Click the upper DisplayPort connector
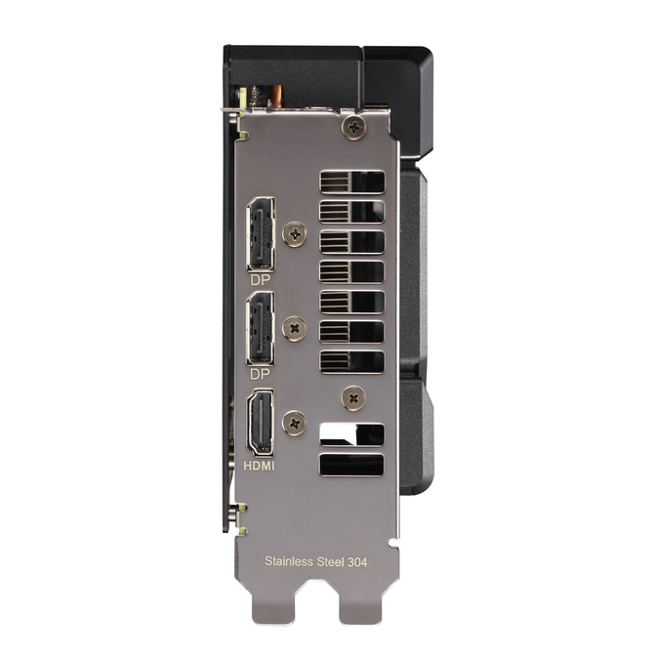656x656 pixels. (261, 234)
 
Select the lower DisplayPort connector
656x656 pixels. (261, 329)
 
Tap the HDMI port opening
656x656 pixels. (261, 423)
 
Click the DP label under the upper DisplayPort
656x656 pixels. (260, 280)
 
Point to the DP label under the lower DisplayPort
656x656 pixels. (260, 374)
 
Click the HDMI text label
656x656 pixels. (259, 466)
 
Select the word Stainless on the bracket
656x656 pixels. (289, 561)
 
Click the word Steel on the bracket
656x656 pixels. (330, 561)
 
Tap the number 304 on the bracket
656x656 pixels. (357, 562)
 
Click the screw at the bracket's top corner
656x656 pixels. (354, 127)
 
